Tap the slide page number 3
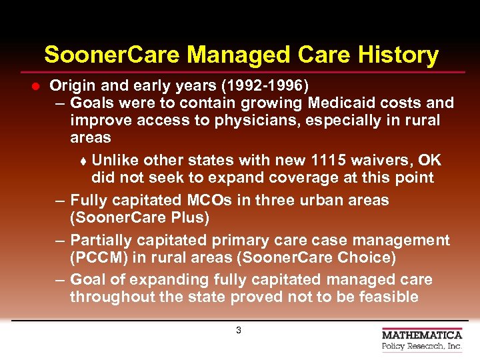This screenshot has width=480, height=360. (x=239, y=330)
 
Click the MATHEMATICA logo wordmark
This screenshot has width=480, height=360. (x=422, y=335)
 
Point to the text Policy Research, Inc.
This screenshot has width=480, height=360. (x=422, y=347)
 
